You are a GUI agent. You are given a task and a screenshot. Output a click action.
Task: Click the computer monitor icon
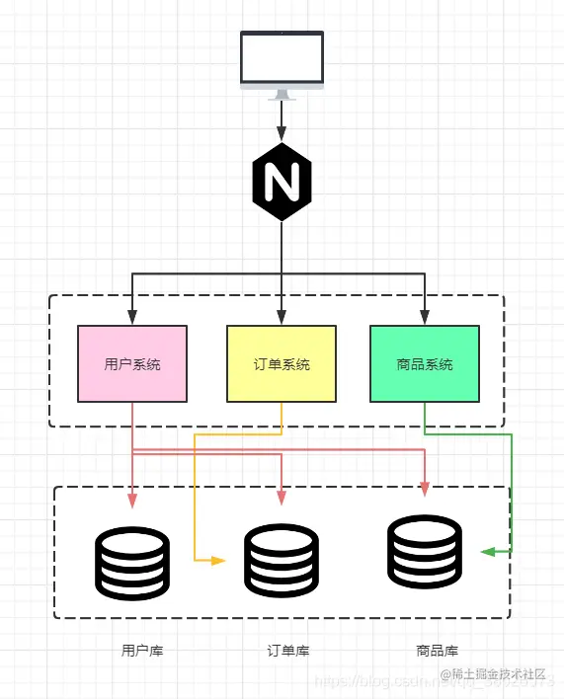click(x=282, y=61)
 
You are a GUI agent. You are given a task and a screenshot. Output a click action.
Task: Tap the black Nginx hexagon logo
click(x=282, y=182)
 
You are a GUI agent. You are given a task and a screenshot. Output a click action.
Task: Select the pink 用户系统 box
click(x=132, y=363)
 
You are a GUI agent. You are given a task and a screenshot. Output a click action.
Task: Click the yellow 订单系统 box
click(x=282, y=363)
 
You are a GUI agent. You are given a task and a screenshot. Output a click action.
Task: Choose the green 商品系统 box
click(x=425, y=363)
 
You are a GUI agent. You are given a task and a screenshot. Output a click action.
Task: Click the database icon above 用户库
click(x=132, y=563)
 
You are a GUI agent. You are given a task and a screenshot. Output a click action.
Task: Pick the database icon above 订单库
click(x=282, y=561)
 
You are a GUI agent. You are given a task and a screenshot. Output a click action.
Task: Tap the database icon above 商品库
click(x=425, y=551)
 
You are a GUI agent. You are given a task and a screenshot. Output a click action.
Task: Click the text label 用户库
click(x=142, y=651)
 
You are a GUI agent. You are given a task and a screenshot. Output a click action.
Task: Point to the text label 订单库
click(x=288, y=651)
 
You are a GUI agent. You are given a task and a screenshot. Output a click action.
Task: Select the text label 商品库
click(x=438, y=651)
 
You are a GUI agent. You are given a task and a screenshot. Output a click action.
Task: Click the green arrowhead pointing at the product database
click(x=487, y=552)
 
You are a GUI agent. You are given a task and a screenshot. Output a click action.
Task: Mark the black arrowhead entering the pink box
click(x=132, y=318)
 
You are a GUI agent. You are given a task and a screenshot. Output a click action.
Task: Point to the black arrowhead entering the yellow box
click(x=282, y=318)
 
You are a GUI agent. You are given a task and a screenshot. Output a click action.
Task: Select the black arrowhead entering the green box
click(x=425, y=318)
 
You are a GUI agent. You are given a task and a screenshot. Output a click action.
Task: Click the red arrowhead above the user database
click(x=132, y=498)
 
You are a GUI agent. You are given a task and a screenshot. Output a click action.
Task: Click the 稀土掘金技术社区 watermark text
click(x=499, y=673)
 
